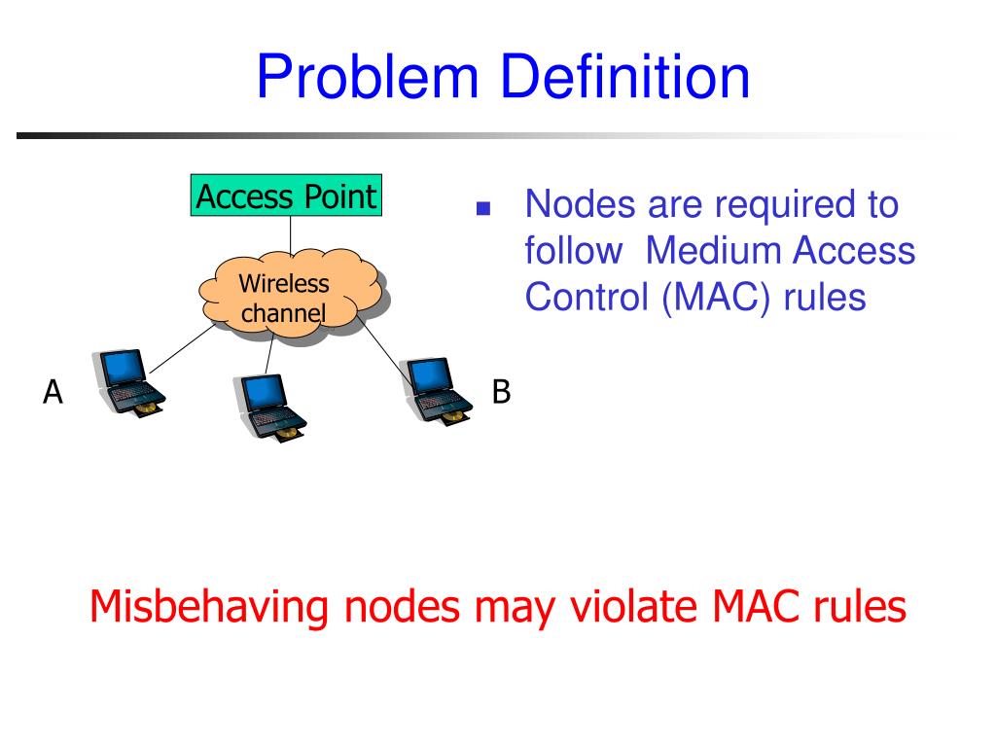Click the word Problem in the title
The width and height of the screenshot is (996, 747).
click(x=365, y=79)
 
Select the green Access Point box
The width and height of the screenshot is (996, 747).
click(x=285, y=196)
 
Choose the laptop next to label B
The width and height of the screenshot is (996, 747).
click(x=437, y=388)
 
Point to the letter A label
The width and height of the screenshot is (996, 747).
click(x=53, y=392)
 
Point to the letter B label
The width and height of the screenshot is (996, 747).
click(x=501, y=392)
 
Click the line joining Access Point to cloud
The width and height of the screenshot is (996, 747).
click(x=290, y=233)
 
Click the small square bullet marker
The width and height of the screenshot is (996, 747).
click(x=482, y=209)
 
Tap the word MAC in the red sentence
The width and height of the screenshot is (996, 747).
click(x=756, y=607)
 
